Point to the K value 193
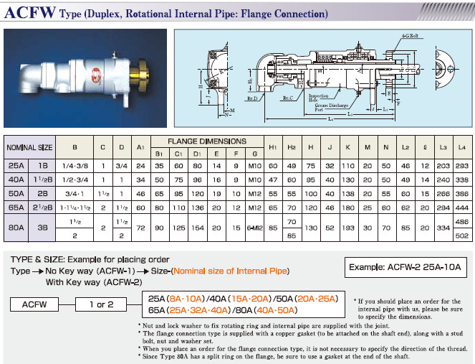347,228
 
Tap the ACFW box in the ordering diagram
34,304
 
